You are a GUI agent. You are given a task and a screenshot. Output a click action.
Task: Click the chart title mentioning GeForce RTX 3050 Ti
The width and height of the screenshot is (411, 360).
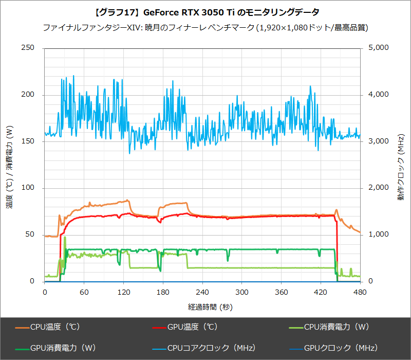tap(206, 11)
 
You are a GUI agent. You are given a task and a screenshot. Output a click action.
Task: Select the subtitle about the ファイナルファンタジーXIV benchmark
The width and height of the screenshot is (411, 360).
tap(206, 27)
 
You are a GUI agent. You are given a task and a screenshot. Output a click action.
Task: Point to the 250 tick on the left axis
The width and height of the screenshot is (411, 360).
tap(28, 48)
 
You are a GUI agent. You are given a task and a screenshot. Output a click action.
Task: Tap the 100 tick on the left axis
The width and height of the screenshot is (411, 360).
tap(28, 188)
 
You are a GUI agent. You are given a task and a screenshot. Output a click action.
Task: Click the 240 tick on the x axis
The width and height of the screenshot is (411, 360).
tap(202, 292)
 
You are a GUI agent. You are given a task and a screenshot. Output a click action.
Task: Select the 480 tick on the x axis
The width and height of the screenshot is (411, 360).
tap(360, 292)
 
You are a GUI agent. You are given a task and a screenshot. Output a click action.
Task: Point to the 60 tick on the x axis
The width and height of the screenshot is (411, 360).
tap(84, 292)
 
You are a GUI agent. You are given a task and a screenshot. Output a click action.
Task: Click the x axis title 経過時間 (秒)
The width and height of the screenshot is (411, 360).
tap(202, 307)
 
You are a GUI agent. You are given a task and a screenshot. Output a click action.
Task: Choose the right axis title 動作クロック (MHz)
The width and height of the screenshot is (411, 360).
tap(400, 165)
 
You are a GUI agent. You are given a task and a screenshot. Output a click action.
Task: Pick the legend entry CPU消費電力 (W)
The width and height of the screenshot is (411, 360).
tap(333, 327)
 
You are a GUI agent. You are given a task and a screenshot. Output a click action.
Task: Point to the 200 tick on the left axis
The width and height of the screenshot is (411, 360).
tap(28, 95)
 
